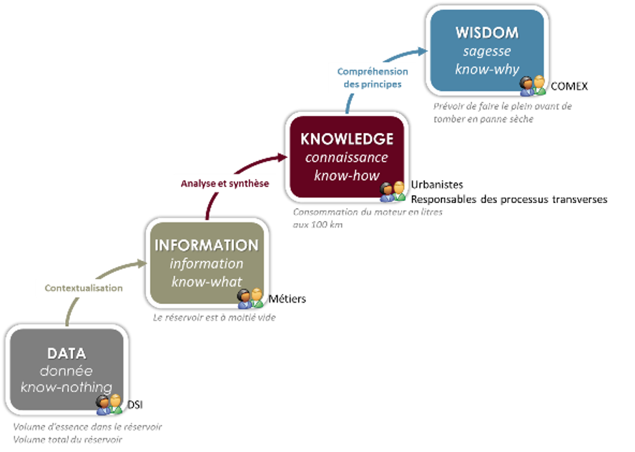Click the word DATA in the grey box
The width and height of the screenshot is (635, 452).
[x=67, y=353]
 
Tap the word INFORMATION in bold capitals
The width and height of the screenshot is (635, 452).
[x=207, y=245]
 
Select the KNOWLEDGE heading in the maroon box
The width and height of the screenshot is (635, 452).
[x=347, y=139]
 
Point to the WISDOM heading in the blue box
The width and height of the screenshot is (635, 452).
[x=486, y=34]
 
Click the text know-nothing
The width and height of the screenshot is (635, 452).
[x=67, y=388]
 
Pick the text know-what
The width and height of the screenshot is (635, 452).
[x=207, y=281]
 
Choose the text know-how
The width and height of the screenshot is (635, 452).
[x=347, y=175]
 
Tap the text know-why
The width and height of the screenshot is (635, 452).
[x=486, y=69]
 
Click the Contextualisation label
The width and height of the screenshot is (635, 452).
[x=84, y=288]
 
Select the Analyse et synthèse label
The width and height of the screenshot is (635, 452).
[x=225, y=184]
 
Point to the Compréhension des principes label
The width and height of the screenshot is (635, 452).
[x=373, y=77]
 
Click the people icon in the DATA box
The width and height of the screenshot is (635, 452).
[x=109, y=404]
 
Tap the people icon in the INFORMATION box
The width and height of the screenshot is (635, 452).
[x=250, y=298]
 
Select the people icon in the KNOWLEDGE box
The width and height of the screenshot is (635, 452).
[x=393, y=191]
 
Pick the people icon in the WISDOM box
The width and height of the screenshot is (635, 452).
[x=533, y=85]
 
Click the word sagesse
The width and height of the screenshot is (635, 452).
[x=486, y=51]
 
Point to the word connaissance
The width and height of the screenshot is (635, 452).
[x=347, y=157]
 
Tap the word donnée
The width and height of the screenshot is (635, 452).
[x=67, y=371]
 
